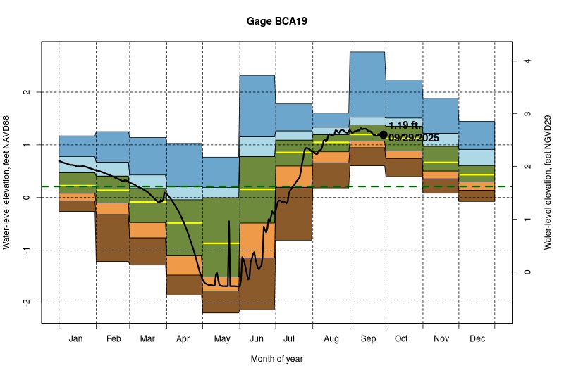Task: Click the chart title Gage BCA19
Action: click(276, 21)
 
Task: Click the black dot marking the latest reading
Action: click(383, 134)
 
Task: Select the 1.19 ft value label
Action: click(403, 125)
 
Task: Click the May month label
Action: click(221, 338)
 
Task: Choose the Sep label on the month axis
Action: click(367, 338)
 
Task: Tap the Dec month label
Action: click(477, 338)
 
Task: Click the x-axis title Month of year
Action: click(276, 359)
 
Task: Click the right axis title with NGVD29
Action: click(547, 182)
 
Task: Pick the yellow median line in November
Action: click(440, 163)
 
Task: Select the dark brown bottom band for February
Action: click(112, 238)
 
